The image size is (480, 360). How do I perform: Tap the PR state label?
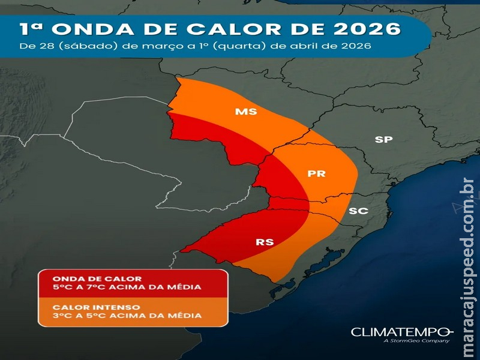(x=316, y=174)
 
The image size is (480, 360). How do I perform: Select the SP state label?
(x=383, y=140)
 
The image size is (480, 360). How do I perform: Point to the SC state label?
(x=358, y=211)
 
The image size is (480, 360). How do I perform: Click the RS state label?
(x=265, y=242)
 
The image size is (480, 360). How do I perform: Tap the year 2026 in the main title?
(x=370, y=29)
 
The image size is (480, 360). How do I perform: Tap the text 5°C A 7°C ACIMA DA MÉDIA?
(x=127, y=287)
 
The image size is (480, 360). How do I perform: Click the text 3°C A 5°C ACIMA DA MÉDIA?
(x=127, y=315)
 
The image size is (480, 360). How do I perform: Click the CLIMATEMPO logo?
(x=401, y=332)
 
